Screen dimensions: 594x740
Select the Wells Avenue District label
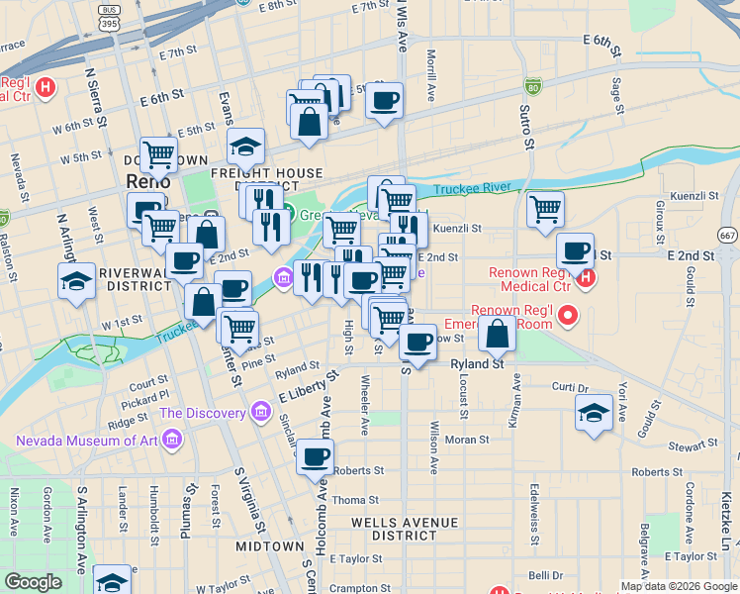403,529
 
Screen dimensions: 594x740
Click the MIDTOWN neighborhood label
269,546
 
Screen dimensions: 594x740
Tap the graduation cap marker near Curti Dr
594,412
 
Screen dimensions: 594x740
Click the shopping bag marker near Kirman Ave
498,334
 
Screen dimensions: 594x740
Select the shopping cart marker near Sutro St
545,210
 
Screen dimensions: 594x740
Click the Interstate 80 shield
532,89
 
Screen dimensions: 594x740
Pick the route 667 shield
728,235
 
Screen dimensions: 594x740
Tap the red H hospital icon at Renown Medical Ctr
585,278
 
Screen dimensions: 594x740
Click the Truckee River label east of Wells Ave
470,186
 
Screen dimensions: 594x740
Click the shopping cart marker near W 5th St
158,154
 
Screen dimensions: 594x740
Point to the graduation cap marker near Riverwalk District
76,281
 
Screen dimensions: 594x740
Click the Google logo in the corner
34,582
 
